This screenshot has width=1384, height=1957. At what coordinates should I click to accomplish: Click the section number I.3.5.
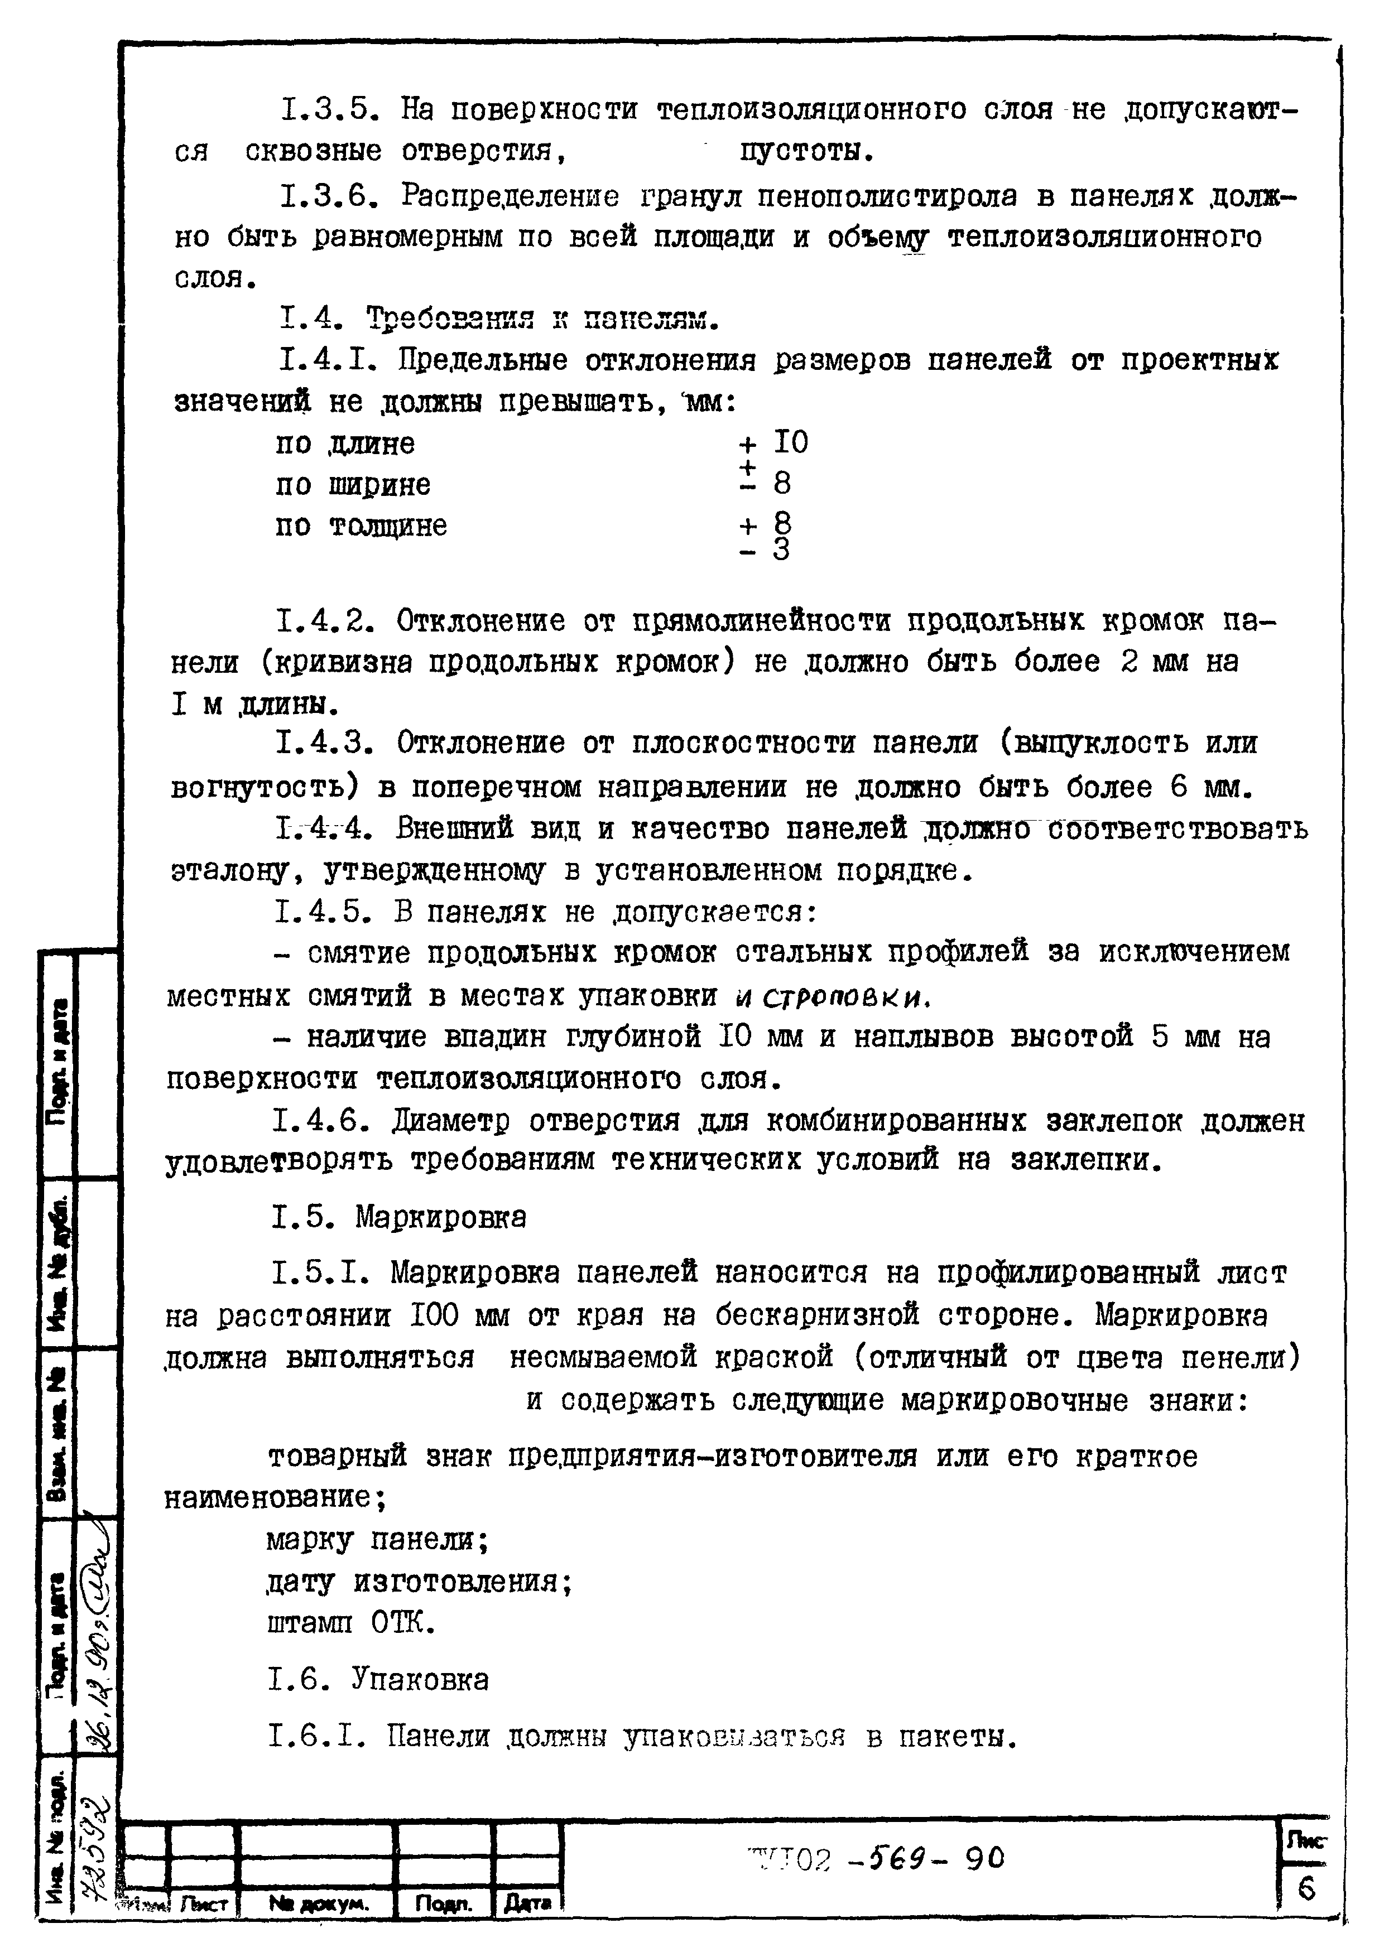[x=326, y=110]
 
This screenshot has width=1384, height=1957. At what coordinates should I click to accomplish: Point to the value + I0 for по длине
[x=773, y=442]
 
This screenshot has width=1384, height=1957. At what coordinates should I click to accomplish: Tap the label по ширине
[x=353, y=485]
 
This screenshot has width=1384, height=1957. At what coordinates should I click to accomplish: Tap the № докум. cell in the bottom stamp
[x=319, y=1902]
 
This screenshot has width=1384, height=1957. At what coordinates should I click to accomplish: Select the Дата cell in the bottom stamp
[x=528, y=1902]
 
